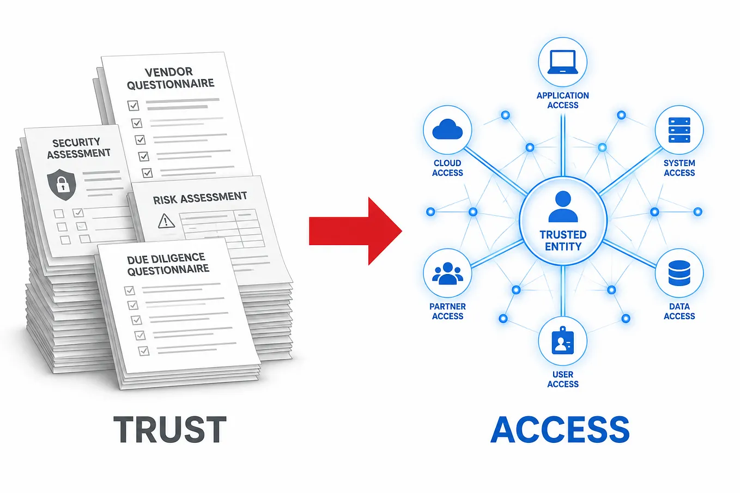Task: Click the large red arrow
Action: (355, 231)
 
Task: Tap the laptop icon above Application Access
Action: (562, 62)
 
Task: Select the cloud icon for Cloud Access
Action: (447, 129)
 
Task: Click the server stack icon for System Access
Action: (679, 130)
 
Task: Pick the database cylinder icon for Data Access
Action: (679, 273)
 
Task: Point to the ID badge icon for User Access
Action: (562, 340)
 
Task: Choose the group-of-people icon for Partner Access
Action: (447, 273)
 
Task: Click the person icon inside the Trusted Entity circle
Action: (563, 206)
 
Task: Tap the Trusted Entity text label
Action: (563, 240)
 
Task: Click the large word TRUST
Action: (170, 429)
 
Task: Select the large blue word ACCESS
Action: (560, 429)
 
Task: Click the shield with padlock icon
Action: (62, 184)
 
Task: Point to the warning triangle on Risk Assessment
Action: (166, 221)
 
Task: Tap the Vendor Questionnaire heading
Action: (171, 78)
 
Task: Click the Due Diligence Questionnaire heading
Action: (168, 264)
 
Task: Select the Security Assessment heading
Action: (78, 148)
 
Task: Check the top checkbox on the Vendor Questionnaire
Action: (133, 106)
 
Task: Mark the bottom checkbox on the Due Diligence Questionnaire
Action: (144, 351)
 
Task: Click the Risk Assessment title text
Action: (200, 198)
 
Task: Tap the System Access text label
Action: (679, 168)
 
